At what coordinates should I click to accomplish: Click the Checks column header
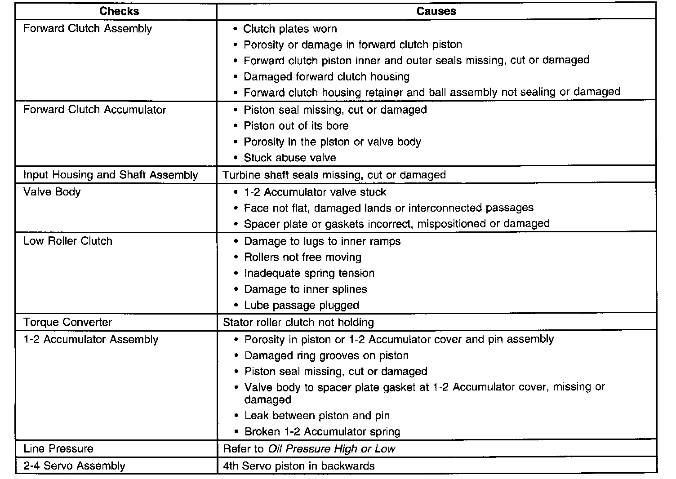pyautogui.click(x=119, y=11)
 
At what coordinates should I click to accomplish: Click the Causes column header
pyautogui.click(x=436, y=11)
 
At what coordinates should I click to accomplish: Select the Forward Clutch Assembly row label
pyautogui.click(x=88, y=29)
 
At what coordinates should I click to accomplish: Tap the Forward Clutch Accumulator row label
pyautogui.click(x=95, y=110)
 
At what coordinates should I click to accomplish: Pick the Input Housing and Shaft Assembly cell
pyautogui.click(x=111, y=175)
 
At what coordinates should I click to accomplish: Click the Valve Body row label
pyautogui.click(x=52, y=192)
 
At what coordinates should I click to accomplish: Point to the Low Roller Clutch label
pyautogui.click(x=68, y=241)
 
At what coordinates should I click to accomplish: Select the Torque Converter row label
pyautogui.click(x=68, y=322)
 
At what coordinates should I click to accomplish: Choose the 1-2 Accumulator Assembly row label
pyautogui.click(x=91, y=339)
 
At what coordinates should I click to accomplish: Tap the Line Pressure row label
pyautogui.click(x=58, y=448)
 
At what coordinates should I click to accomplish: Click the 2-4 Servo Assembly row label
pyautogui.click(x=74, y=466)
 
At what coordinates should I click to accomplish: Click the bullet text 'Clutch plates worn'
pyautogui.click(x=290, y=29)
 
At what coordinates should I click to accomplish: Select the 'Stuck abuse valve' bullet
pyautogui.click(x=290, y=158)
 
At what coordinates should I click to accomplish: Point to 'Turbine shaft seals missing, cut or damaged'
pyautogui.click(x=334, y=175)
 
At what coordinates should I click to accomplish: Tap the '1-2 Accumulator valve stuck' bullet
pyautogui.click(x=315, y=192)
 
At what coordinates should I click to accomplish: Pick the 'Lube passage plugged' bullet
pyautogui.click(x=302, y=306)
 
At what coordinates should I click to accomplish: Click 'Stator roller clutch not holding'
pyautogui.click(x=298, y=322)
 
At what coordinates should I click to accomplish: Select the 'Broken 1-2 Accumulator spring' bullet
pyautogui.click(x=322, y=432)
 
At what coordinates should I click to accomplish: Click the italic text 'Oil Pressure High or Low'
pyautogui.click(x=331, y=448)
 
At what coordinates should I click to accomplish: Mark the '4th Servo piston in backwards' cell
pyautogui.click(x=299, y=466)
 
